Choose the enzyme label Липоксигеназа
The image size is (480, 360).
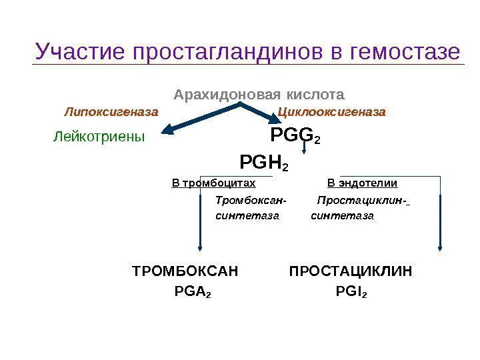pyautogui.click(x=111, y=111)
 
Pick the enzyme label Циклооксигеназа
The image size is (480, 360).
pyautogui.click(x=331, y=111)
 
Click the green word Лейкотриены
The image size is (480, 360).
pyautogui.click(x=99, y=137)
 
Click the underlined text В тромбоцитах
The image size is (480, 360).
pyautogui.click(x=213, y=183)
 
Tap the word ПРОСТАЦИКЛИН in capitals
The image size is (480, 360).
pyautogui.click(x=351, y=271)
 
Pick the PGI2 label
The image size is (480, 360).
pyautogui.click(x=351, y=291)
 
